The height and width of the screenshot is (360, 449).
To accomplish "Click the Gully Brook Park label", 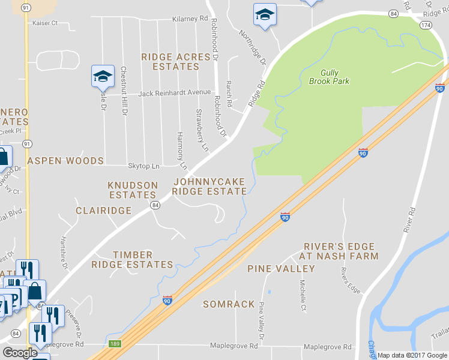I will click(329, 76).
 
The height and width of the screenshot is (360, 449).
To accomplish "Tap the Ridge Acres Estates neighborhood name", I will click(176, 62).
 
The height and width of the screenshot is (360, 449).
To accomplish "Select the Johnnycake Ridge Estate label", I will click(209, 186).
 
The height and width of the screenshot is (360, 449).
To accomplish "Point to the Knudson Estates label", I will click(132, 190).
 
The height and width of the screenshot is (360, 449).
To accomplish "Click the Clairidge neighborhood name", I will click(103, 211).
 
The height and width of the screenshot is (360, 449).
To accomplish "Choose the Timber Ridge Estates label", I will click(132, 260).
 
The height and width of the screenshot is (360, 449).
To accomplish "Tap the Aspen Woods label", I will click(65, 161).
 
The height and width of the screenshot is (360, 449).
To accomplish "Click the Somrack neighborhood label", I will click(229, 304).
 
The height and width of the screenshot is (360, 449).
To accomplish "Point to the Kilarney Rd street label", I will click(189, 19).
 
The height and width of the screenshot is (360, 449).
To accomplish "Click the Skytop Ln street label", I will click(143, 166).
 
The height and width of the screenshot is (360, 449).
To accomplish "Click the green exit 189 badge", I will click(116, 344).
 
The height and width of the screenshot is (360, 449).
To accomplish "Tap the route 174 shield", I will click(426, 25).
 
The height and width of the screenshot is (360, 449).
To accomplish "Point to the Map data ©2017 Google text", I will click(412, 355).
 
